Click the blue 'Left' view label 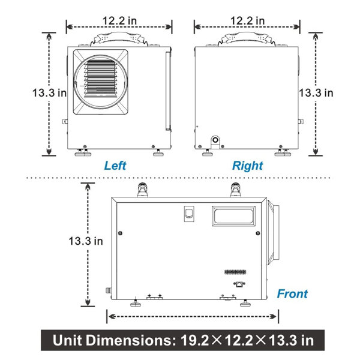pos(115,166)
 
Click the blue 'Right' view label pos(248,166)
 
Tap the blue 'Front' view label pos(292,293)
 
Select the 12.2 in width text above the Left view pos(119,20)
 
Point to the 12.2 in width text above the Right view pos(247,20)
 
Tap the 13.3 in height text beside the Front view pos(85,241)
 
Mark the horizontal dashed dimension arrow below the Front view pos(193,316)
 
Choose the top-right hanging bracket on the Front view pos(235,191)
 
